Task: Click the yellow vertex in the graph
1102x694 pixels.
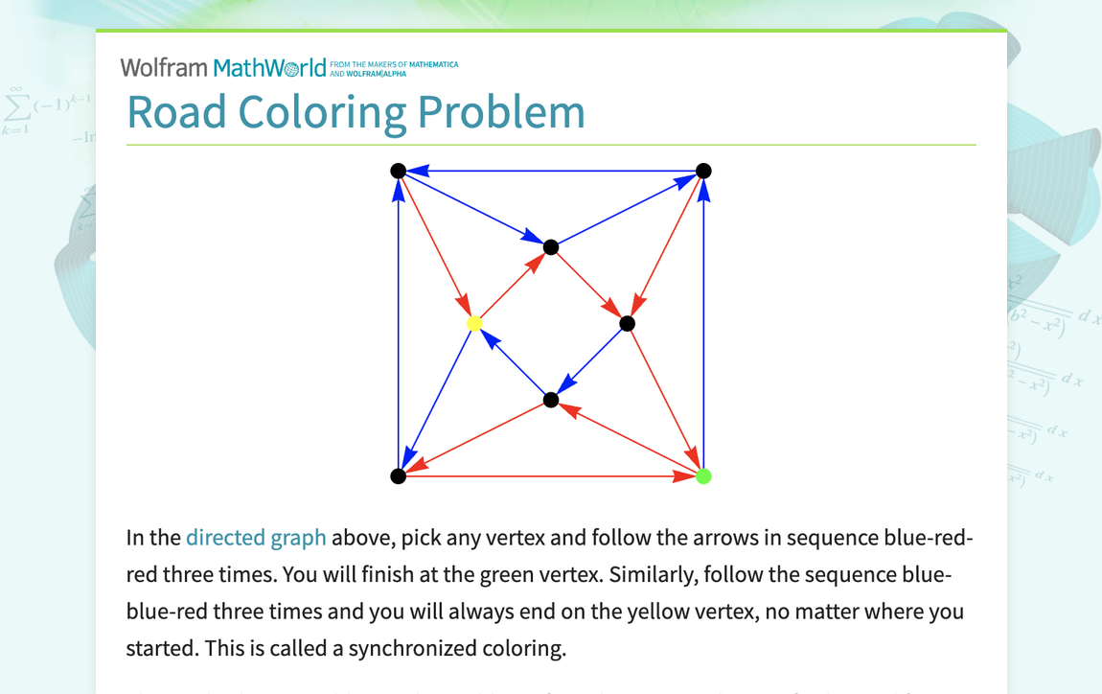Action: pos(474,324)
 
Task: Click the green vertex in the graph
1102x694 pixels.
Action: pos(703,476)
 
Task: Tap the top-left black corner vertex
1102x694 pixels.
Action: pos(399,172)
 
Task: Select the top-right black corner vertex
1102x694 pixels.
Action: pos(703,172)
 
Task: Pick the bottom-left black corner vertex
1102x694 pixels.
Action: pos(399,476)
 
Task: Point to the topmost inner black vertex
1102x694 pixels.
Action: pos(551,247)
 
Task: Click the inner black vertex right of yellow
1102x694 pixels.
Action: pos(627,324)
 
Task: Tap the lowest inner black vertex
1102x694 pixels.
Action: pos(551,400)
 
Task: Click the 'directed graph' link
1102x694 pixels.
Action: pos(256,538)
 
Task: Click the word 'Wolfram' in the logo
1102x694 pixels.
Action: pos(164,68)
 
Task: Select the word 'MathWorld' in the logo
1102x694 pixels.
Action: pos(269,68)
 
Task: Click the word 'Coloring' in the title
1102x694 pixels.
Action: pos(325,112)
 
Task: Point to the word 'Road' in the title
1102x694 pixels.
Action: pos(177,112)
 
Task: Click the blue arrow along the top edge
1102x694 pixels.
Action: pos(551,172)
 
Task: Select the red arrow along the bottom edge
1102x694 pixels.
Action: pos(551,476)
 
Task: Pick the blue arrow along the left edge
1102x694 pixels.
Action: pos(399,324)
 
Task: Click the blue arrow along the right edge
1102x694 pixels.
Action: pos(703,324)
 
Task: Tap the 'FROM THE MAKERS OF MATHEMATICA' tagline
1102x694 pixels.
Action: pos(394,65)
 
